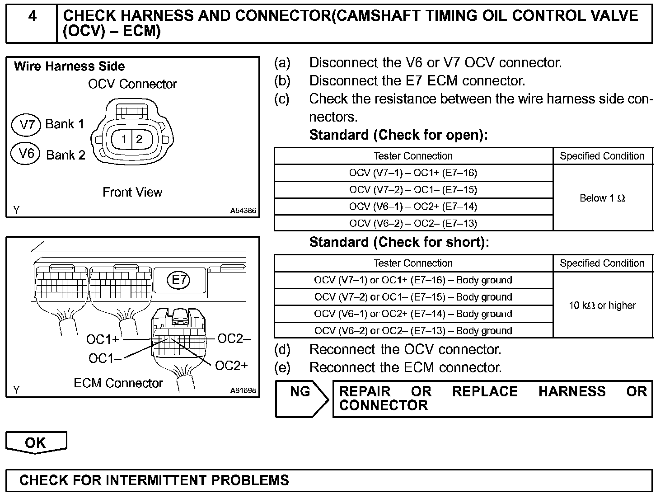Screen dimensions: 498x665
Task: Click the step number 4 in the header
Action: click(x=33, y=16)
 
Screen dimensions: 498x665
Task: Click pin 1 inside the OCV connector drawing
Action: click(x=123, y=139)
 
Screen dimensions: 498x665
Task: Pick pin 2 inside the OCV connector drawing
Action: click(x=139, y=139)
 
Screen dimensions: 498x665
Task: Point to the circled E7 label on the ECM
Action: click(x=179, y=280)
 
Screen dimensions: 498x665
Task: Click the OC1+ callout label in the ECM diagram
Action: click(x=103, y=339)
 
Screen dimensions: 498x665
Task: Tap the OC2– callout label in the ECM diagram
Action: click(x=234, y=339)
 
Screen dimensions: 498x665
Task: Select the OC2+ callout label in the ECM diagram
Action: click(x=231, y=366)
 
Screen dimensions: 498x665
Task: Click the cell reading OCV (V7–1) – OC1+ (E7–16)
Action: click(x=413, y=173)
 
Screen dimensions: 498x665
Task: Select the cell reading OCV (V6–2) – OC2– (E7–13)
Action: click(x=413, y=223)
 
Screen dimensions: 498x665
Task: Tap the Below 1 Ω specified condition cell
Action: click(x=602, y=198)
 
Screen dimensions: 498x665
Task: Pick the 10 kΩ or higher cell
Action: click(x=602, y=305)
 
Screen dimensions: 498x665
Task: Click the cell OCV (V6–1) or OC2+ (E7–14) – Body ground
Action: click(x=413, y=314)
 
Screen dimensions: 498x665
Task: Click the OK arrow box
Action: click(x=36, y=442)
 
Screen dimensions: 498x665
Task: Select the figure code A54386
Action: click(x=243, y=211)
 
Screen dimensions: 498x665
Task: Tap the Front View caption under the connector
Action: click(x=132, y=193)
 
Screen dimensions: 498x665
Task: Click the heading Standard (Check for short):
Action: click(x=399, y=243)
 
